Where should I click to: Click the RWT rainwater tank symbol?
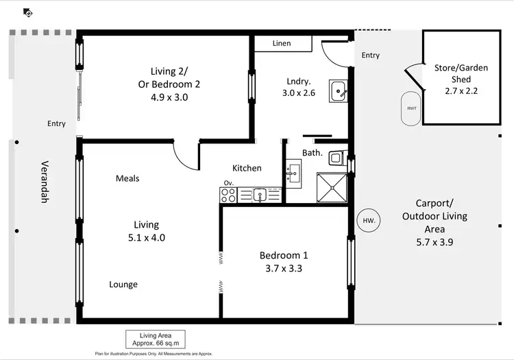(x=411, y=108)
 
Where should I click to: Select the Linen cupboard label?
(x=282, y=43)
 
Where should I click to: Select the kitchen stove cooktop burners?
(x=228, y=195)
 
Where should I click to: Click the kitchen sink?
(x=260, y=195)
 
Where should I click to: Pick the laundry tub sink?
(x=339, y=89)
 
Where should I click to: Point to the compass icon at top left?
(x=27, y=12)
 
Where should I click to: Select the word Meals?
(x=127, y=178)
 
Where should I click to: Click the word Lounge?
(x=123, y=285)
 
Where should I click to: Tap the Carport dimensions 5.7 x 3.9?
(x=435, y=242)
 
